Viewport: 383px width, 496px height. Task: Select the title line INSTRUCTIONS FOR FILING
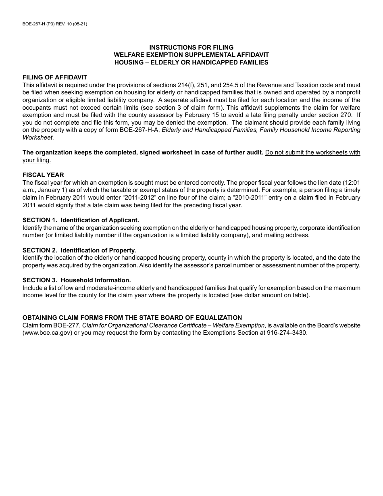click(x=191, y=48)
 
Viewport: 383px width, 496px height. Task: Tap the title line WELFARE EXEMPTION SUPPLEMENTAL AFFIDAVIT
click(x=191, y=55)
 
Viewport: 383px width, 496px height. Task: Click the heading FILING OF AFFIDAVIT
click(x=55, y=77)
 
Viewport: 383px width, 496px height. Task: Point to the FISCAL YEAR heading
click(x=43, y=175)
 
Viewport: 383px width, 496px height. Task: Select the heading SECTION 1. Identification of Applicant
click(x=81, y=220)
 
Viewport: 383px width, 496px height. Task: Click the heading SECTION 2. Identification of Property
click(x=79, y=250)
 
